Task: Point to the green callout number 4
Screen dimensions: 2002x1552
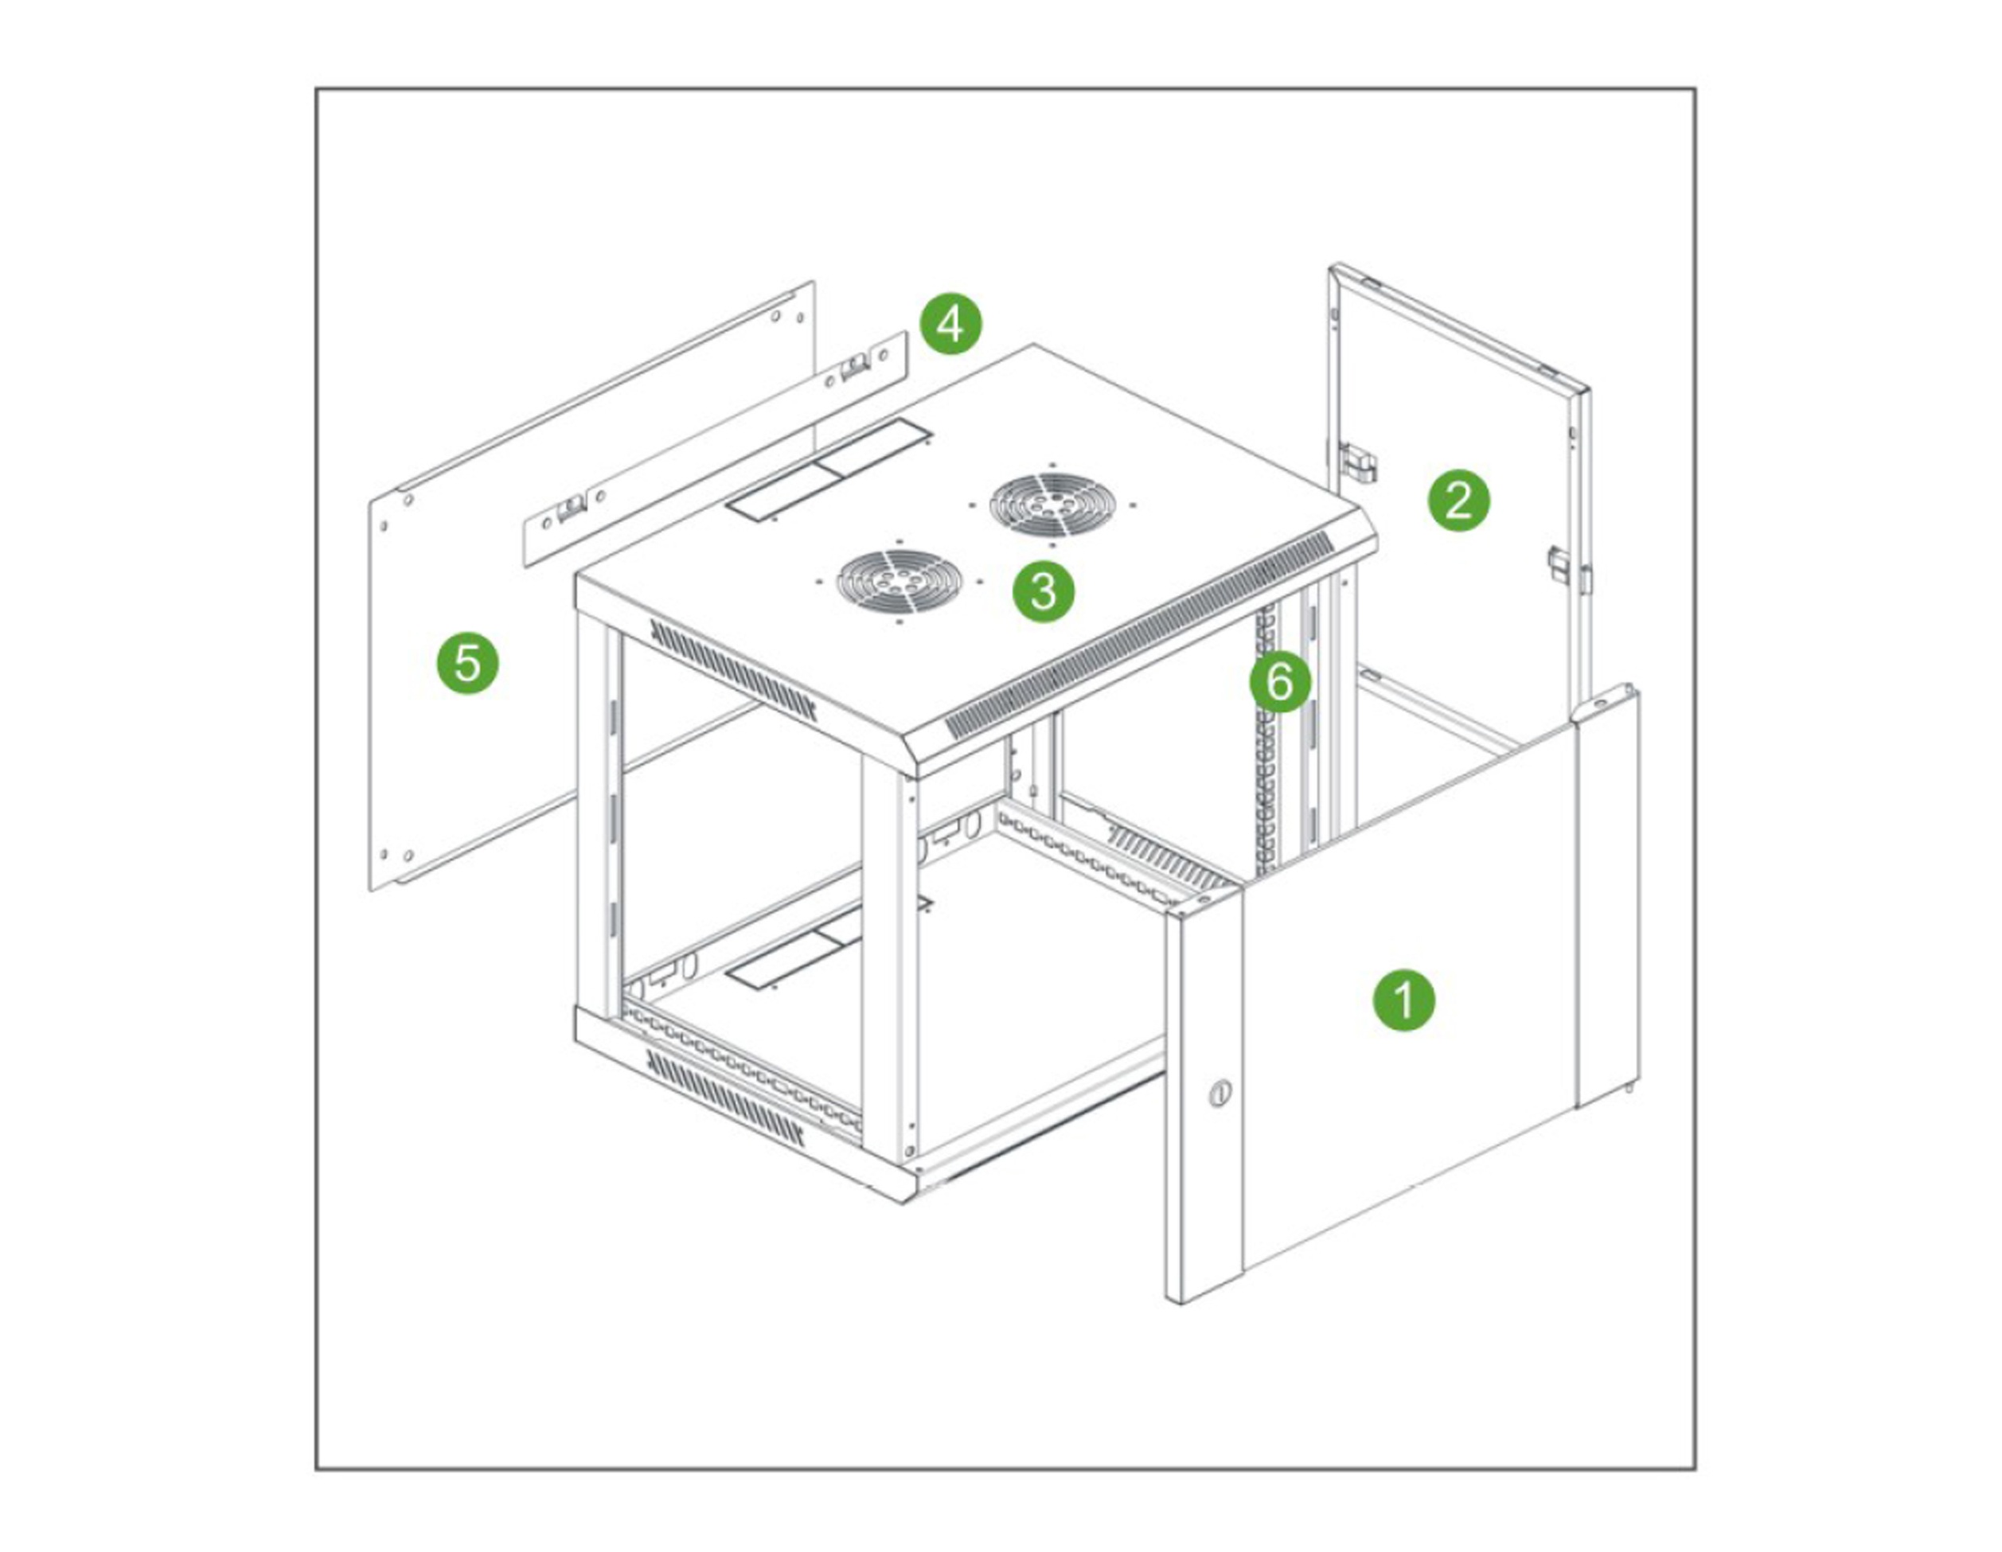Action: coord(950,324)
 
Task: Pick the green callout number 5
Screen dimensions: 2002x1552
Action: coord(467,662)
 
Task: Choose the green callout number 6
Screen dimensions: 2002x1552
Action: coord(1281,682)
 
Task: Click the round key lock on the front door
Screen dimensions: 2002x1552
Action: coord(1218,1093)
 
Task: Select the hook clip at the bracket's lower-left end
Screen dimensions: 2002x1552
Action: coord(571,506)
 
